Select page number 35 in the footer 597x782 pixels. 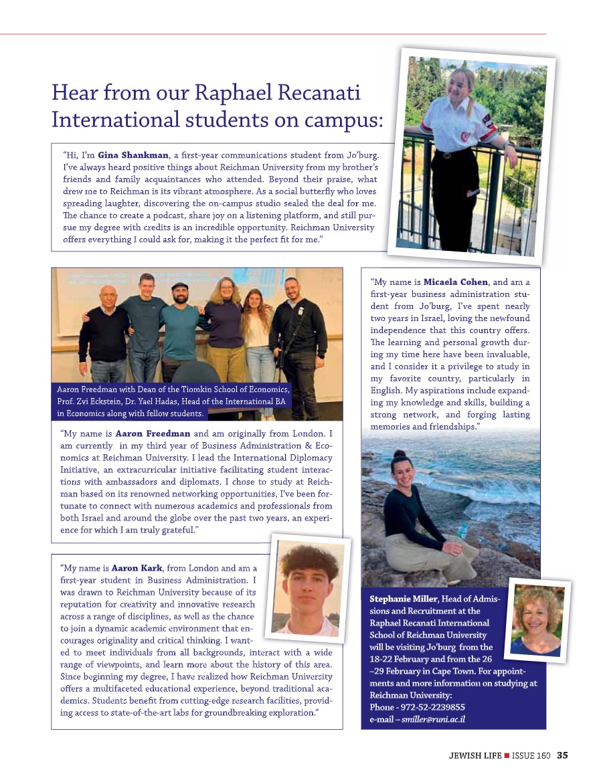pos(562,756)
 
